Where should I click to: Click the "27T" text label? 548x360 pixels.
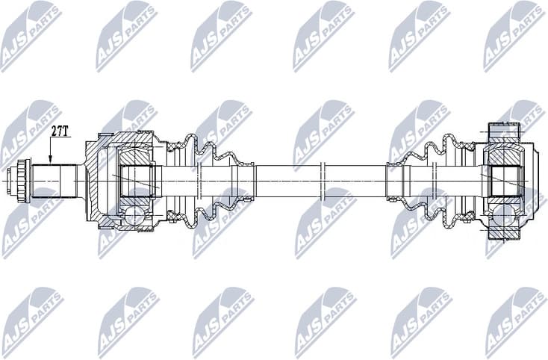[60, 131]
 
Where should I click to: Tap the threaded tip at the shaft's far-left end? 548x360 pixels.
[11, 179]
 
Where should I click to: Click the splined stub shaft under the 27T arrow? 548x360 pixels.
[54, 179]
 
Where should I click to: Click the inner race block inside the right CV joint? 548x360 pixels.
[505, 179]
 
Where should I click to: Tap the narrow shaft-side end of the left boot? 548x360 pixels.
[245, 179]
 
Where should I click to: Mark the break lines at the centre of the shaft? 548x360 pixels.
[323, 179]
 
